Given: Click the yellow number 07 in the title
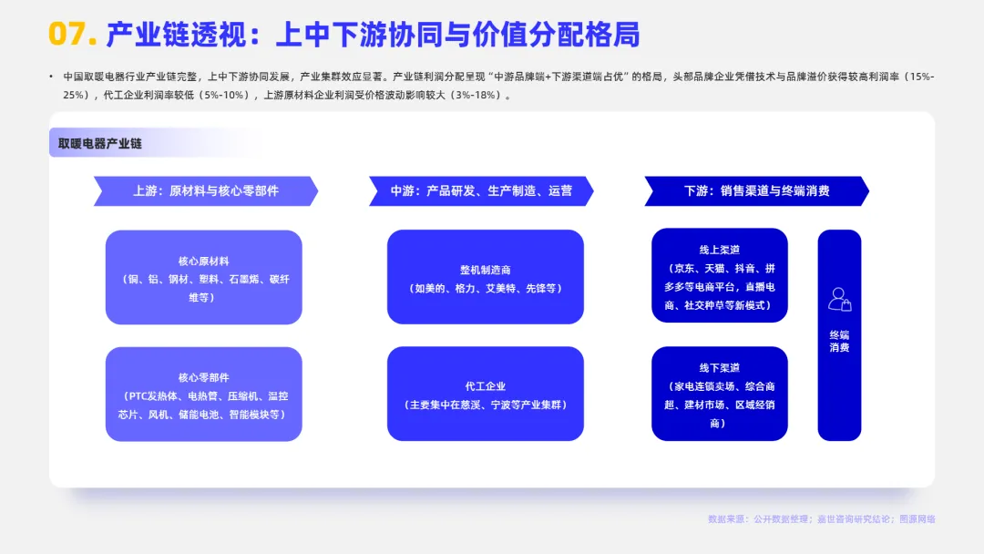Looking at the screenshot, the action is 68,34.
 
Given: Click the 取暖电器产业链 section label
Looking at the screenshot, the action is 100,144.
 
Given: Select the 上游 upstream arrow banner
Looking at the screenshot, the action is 206,190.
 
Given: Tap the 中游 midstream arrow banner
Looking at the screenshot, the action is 481,190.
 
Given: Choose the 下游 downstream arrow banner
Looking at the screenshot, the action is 757,190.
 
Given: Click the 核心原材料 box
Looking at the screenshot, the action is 204,277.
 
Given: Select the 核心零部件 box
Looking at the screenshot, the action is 204,394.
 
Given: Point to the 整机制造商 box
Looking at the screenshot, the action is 485,277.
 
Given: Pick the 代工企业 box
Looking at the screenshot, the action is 485,394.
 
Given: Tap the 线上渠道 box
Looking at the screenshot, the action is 719,275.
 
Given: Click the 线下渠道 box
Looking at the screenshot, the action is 719,394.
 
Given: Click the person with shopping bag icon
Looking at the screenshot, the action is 840,299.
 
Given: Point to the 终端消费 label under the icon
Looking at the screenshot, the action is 840,342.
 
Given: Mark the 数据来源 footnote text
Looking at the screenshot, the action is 822,518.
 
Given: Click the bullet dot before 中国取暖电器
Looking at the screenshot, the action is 51,77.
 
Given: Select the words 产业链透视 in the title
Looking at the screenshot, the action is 176,34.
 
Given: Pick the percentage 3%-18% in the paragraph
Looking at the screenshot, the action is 479,96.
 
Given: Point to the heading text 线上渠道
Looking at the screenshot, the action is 719,250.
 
